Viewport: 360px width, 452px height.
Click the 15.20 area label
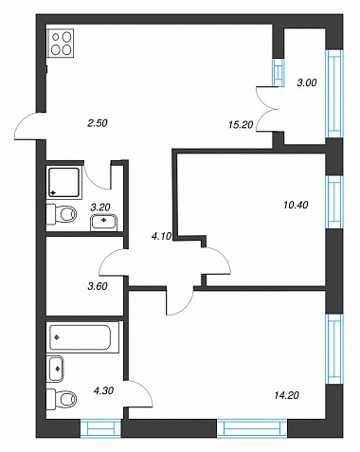point(241,125)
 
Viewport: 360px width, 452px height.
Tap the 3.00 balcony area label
point(307,82)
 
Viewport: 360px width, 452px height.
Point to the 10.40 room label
point(296,205)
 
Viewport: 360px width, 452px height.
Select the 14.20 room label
point(286,395)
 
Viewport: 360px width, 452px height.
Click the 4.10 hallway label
point(161,236)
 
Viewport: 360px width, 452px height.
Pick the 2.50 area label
point(98,123)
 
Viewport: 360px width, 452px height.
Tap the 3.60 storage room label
point(98,286)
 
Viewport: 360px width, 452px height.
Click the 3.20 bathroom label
point(100,208)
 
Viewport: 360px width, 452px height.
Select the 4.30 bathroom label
point(103,390)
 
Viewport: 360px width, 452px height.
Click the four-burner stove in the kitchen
point(61,43)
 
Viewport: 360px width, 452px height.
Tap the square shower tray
point(63,182)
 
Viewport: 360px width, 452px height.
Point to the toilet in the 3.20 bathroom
point(62,214)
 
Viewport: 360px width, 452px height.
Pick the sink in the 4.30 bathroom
point(56,369)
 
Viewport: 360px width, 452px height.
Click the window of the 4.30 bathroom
point(100,428)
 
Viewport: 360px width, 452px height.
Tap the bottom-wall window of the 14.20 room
point(252,428)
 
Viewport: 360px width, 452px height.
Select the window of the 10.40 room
point(334,202)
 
